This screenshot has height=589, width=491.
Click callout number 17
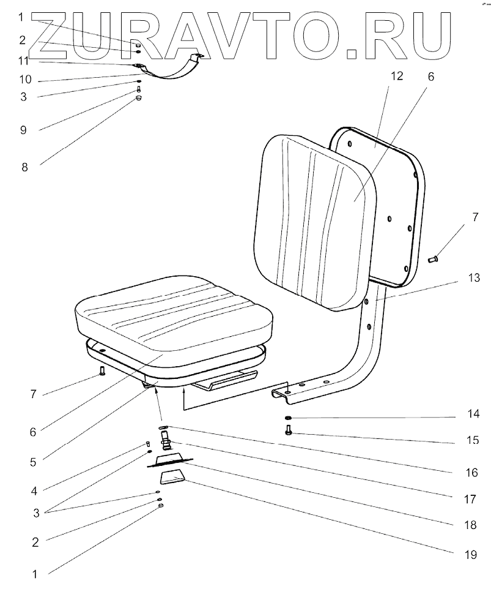tap(470, 499)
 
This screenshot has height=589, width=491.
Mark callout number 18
tap(470, 525)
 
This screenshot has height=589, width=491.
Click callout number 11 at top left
tap(23, 61)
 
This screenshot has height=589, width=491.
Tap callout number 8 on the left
tap(24, 167)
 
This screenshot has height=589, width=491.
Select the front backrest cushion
tap(312, 220)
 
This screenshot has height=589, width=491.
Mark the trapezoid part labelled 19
tap(172, 477)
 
